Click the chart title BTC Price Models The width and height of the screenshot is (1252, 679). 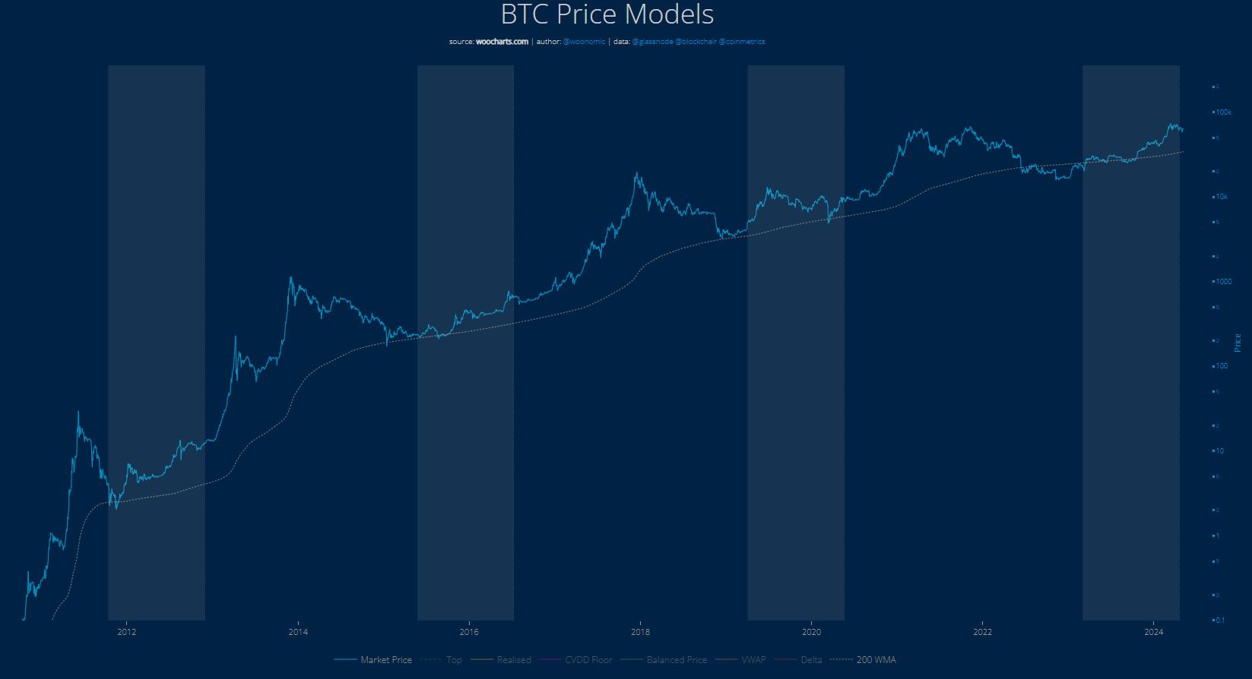tap(607, 15)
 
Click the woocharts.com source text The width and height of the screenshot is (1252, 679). tap(501, 42)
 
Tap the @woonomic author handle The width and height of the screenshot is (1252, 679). tap(584, 42)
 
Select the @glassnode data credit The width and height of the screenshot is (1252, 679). tap(652, 42)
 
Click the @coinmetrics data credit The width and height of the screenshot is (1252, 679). tap(741, 42)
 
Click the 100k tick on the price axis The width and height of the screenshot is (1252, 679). tap(1224, 112)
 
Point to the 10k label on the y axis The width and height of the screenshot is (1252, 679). tap(1222, 197)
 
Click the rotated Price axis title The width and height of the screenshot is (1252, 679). tap(1238, 343)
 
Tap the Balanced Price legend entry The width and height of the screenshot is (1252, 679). tap(676, 660)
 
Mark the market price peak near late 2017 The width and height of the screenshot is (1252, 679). tap(636, 174)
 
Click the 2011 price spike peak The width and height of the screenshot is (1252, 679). tap(78, 412)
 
